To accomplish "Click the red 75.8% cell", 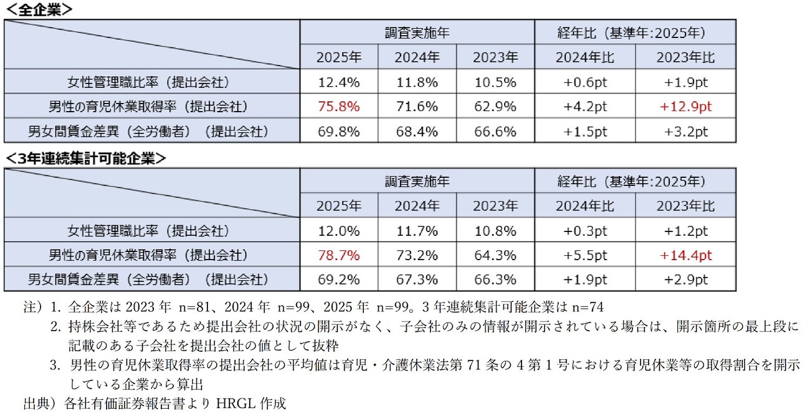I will pyautogui.click(x=338, y=107).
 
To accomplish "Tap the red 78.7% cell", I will pyautogui.click(x=338, y=255).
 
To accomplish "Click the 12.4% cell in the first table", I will pyautogui.click(x=338, y=82).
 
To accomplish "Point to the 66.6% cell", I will pyautogui.click(x=495, y=132).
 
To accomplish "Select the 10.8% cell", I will pyautogui.click(x=495, y=231).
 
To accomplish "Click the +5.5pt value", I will pyautogui.click(x=584, y=255).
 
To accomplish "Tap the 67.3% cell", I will pyautogui.click(x=417, y=279).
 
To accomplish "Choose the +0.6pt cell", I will pyautogui.click(x=584, y=82).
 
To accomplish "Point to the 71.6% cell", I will pyautogui.click(x=417, y=107).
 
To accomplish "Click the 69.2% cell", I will pyautogui.click(x=338, y=279).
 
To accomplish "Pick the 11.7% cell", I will pyautogui.click(x=417, y=231).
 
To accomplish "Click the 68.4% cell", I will pyautogui.click(x=417, y=132).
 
